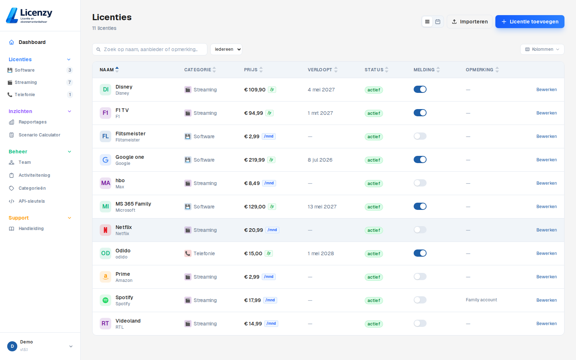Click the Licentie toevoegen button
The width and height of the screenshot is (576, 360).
[530, 22]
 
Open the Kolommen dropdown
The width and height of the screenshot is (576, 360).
[542, 49]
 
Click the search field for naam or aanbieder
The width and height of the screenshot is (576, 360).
[150, 49]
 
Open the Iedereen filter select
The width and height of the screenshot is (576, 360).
[226, 49]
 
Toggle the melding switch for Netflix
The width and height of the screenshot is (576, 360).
[420, 230]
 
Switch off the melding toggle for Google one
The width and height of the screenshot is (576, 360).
[420, 160]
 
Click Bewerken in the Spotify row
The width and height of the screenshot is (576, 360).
[546, 300]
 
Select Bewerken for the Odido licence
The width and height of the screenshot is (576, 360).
[546, 253]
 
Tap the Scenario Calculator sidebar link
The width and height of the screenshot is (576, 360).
[39, 135]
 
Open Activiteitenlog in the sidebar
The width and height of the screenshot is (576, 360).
[34, 175]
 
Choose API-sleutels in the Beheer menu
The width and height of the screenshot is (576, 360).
[32, 201]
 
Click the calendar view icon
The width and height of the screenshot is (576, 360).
[438, 22]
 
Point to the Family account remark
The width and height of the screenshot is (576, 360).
[481, 300]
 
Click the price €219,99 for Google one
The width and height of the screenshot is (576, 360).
[254, 160]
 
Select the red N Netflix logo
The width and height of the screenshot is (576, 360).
[105, 230]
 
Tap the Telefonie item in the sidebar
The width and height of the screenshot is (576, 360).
[25, 95]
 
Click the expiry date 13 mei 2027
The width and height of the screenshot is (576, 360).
[322, 207]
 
